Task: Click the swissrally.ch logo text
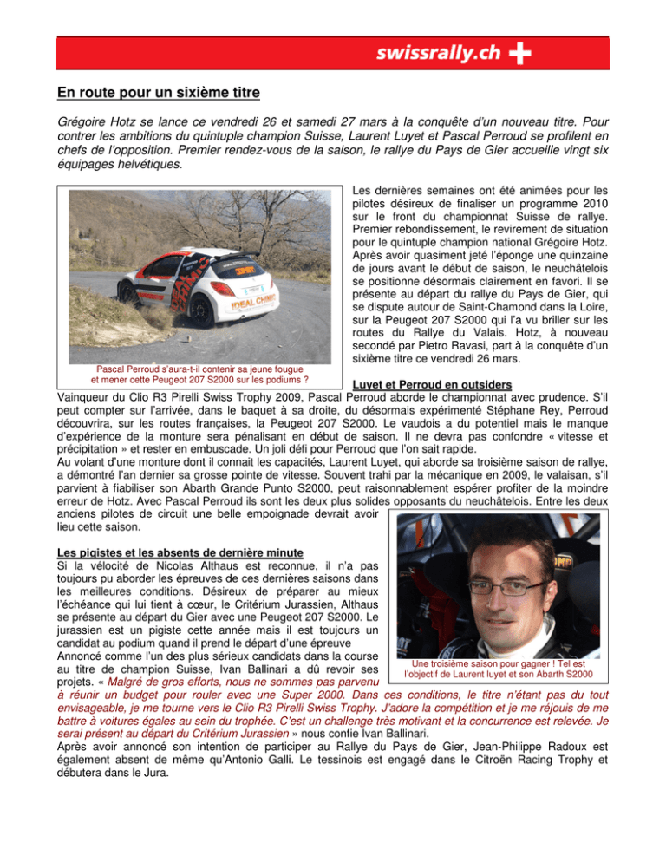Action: [438, 55]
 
